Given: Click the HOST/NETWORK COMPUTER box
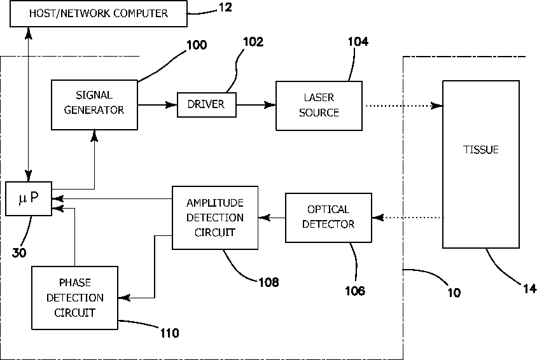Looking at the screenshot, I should point(98,13).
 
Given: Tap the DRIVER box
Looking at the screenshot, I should point(206,104).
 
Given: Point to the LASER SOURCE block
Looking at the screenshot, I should point(319,105).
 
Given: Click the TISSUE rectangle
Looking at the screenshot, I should point(480,163).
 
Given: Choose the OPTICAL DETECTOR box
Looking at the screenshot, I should point(328,217).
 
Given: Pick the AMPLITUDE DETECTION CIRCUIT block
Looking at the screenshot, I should point(215,217).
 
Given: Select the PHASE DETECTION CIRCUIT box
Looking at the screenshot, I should point(74,298).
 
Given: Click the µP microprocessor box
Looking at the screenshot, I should point(28,198).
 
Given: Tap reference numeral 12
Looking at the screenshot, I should point(225,8).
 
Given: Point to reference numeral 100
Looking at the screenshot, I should point(197,46).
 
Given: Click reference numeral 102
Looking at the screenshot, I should point(253,43).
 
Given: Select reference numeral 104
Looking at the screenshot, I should point(358,41).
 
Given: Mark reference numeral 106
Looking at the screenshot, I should point(355,291).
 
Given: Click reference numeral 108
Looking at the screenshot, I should point(268,281).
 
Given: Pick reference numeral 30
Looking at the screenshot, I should point(20,252).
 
